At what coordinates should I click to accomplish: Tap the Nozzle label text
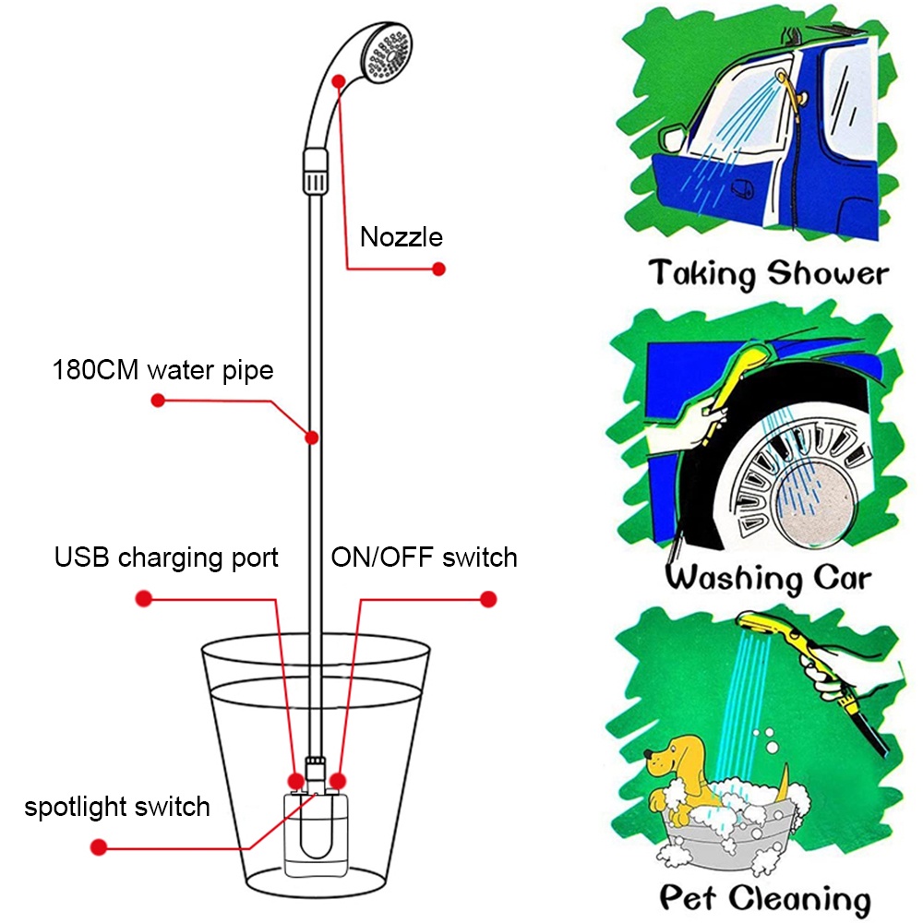[402, 237]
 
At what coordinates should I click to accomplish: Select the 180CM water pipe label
[163, 371]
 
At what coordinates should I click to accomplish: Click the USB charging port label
[166, 557]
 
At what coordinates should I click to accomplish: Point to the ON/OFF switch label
[425, 557]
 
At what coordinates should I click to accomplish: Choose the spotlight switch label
[117, 807]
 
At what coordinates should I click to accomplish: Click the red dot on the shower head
[342, 81]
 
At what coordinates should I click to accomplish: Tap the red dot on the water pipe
[313, 436]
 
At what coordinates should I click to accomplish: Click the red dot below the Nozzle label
[439, 269]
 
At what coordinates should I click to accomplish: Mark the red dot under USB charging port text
[143, 599]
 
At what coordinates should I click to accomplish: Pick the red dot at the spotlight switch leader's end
[98, 846]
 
